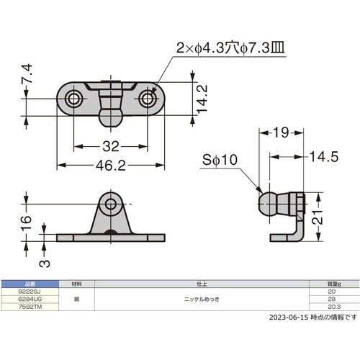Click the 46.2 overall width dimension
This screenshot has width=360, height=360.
tap(111, 166)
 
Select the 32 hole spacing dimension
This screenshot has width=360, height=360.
tap(111, 146)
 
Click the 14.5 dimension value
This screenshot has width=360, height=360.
tap(325, 158)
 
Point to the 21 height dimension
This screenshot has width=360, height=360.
tap(325, 215)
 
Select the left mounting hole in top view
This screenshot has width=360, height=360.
tap(74, 99)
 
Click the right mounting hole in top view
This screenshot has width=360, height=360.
tap(148, 99)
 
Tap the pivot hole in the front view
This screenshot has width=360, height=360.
tap(111, 205)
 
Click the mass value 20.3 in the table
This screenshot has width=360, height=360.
tap(332, 303)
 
